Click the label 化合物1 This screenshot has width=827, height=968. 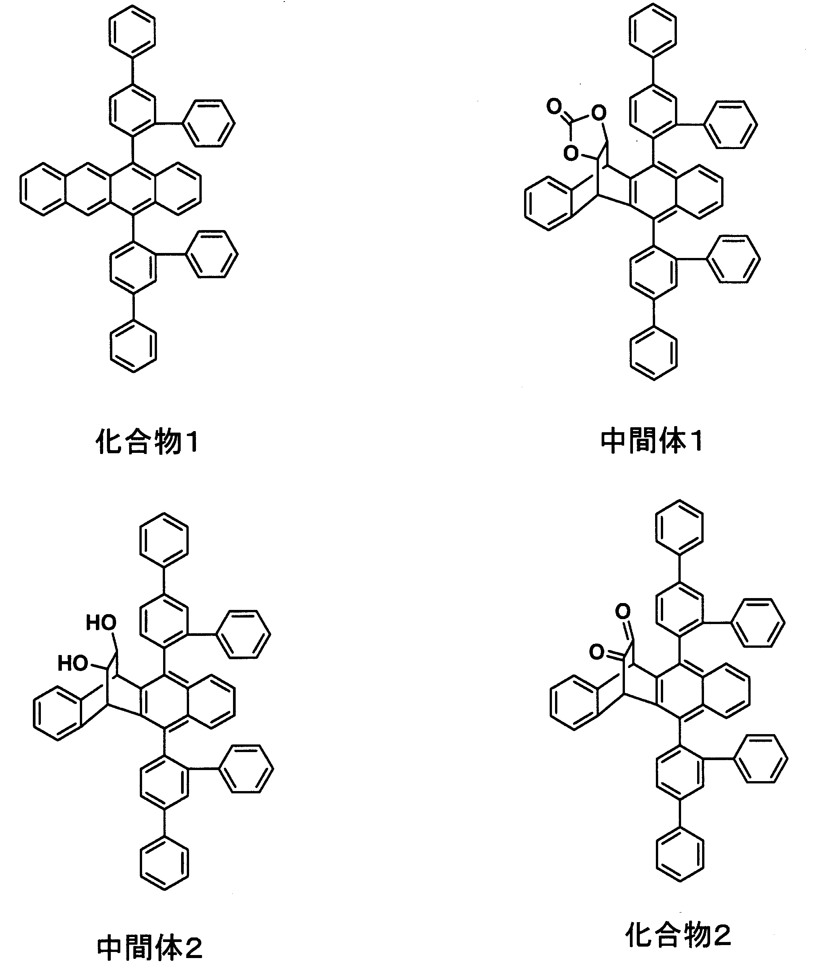tap(147, 441)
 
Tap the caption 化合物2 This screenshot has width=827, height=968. tap(678, 934)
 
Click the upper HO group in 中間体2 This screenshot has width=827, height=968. tap(101, 623)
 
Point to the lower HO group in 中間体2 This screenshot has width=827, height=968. tap(73, 663)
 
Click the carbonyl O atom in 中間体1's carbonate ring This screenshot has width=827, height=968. tap(554, 107)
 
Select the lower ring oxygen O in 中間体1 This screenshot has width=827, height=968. tap(571, 153)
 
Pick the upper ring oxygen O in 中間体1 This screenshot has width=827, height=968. tap(598, 113)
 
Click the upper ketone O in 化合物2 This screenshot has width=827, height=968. tap(623, 611)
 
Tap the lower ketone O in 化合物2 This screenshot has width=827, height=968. tap(597, 652)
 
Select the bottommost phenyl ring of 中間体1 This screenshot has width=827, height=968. tap(653, 353)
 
